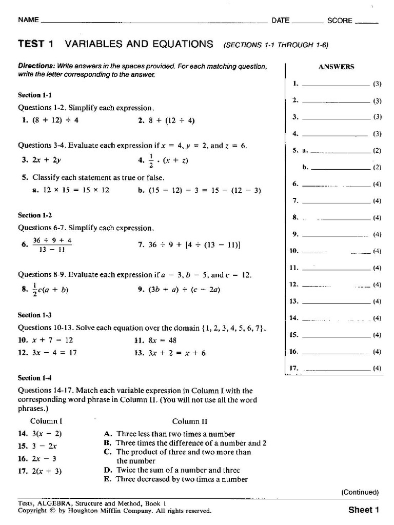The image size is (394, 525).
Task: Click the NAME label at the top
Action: pos(29,20)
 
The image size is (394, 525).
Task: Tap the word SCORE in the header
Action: pos(340,21)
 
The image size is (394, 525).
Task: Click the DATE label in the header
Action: pos(281,21)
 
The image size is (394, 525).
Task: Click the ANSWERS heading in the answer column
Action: pos(337,67)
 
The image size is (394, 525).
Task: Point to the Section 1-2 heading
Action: pos(35,215)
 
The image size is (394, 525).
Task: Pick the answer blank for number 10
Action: pos(336,252)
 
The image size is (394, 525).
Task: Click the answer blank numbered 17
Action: pos(336,369)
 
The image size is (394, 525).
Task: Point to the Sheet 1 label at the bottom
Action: pos(363,510)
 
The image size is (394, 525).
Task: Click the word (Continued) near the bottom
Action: pos(360,492)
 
